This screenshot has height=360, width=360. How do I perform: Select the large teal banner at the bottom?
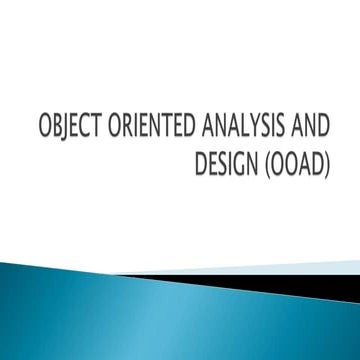(x=150, y=310)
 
